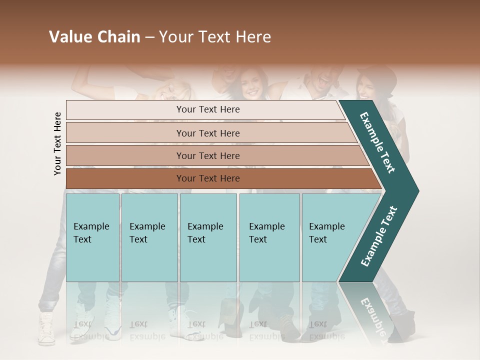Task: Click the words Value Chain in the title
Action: [x=94, y=37]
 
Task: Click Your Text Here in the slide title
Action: [x=214, y=37]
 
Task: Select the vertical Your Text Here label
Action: [x=57, y=143]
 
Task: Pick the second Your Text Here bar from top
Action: [x=207, y=133]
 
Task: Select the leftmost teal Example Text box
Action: [x=92, y=237]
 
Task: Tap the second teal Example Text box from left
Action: [x=149, y=237]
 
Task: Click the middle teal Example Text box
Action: [x=208, y=237]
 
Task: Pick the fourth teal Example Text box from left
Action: [x=269, y=237]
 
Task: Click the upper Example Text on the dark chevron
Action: [x=378, y=142]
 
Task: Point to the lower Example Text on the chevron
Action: [x=379, y=236]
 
